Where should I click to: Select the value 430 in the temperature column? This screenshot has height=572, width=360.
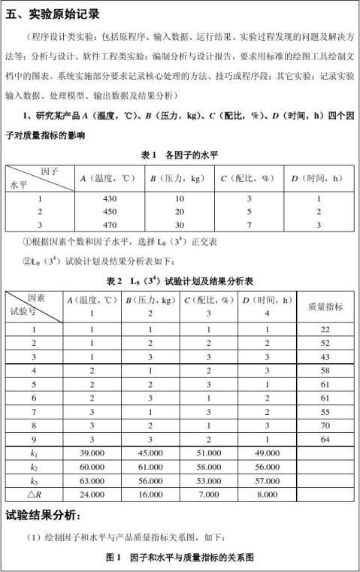[x=110, y=198]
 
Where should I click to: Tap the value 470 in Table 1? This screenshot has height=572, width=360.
[x=110, y=224]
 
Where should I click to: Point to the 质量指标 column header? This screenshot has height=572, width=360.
[x=325, y=306]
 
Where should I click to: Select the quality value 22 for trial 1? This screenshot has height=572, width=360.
[x=325, y=329]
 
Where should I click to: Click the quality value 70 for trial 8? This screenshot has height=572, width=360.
[x=325, y=424]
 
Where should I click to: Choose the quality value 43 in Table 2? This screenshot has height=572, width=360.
[x=325, y=356]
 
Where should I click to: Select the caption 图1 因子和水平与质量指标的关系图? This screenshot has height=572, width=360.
[x=181, y=558]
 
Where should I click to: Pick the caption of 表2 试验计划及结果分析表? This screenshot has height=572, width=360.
[x=180, y=280]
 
